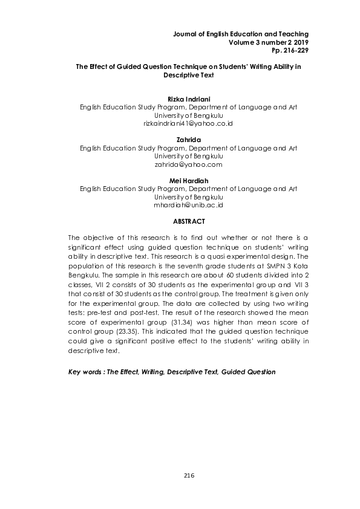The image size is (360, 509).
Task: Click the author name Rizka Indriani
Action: (x=189, y=99)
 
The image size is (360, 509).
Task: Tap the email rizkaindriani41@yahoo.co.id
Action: (x=189, y=123)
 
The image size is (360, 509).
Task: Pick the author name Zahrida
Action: (x=189, y=140)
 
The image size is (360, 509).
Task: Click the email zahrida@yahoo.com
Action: (x=189, y=164)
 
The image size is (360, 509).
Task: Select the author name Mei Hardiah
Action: (x=189, y=181)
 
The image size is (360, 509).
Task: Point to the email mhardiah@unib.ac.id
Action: (x=189, y=205)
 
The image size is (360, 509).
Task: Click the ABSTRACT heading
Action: (x=189, y=221)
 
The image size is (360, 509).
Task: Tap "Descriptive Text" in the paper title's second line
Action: (x=189, y=77)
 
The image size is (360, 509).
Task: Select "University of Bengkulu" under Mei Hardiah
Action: (x=189, y=197)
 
